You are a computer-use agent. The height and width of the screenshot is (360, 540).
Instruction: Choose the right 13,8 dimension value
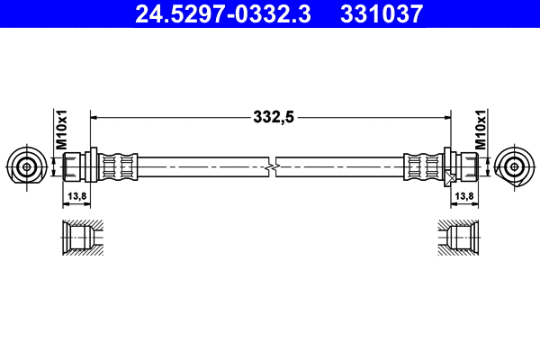pyautogui.click(x=464, y=196)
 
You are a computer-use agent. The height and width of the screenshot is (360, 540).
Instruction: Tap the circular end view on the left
pyautogui.click(x=26, y=166)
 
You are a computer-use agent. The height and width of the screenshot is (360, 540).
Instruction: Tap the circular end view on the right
pyautogui.click(x=515, y=166)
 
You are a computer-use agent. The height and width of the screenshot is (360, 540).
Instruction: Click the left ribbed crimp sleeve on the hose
pyautogui.click(x=118, y=166)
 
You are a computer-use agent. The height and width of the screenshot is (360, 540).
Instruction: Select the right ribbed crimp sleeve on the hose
pyautogui.click(x=422, y=166)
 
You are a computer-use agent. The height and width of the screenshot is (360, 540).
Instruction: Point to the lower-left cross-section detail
pyautogui.click(x=78, y=237)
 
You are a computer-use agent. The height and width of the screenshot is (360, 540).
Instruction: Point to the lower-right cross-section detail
pyautogui.click(x=462, y=237)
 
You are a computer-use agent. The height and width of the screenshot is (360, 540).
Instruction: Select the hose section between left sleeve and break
pyautogui.click(x=202, y=166)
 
